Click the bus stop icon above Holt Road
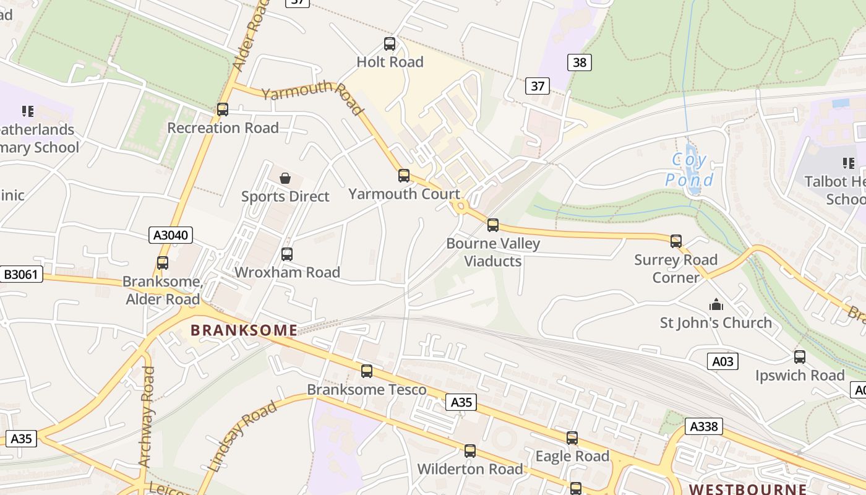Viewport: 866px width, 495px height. pos(390,44)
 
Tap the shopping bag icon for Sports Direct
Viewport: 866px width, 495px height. pos(285,178)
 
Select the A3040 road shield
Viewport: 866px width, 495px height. pos(171,235)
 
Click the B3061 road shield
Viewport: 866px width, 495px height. pos(22,275)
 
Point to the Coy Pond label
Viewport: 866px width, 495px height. pos(688,170)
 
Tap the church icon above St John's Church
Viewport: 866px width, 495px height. pos(716,304)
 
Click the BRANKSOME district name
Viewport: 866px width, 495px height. pos(244,330)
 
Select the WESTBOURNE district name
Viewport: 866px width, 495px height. pos(747,489)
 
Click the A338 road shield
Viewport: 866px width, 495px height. pos(704,426)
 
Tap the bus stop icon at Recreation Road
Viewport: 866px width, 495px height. pos(223,110)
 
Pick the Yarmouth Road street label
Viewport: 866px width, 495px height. pos(312,98)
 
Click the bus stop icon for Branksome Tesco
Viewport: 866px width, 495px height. pos(367,371)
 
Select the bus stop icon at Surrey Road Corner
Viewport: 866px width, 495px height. pos(676,241)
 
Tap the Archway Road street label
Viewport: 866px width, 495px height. pos(147,416)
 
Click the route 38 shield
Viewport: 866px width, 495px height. pos(579,62)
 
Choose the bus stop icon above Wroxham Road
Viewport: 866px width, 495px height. pos(287,254)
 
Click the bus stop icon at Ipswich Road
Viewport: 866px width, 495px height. pos(800,357)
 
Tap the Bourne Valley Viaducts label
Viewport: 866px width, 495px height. pos(493,252)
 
